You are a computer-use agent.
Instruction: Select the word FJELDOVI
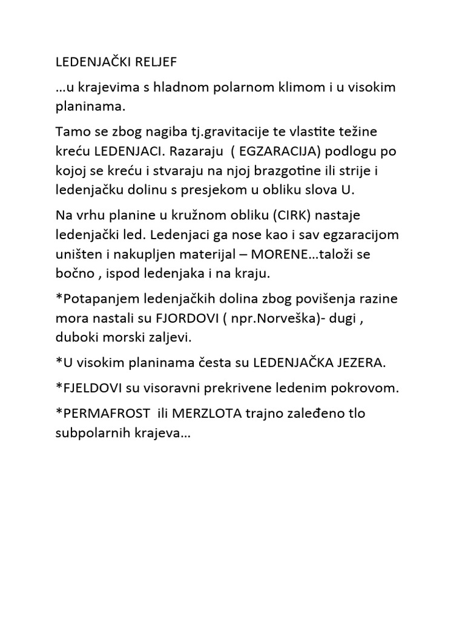pyautogui.click(x=91, y=388)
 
